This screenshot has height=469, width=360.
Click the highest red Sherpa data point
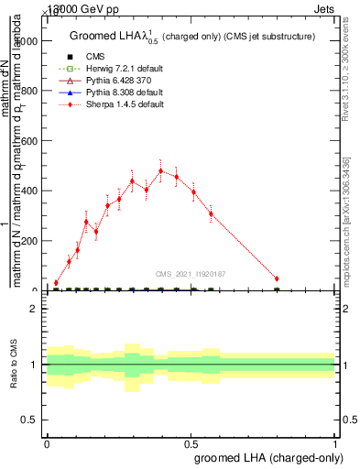161,171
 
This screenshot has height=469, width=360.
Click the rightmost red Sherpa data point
277,278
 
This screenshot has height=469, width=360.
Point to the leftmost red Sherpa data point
56,283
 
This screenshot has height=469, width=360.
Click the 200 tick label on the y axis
32,241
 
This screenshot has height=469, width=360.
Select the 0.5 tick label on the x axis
191,442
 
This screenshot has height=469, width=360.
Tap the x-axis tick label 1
335,442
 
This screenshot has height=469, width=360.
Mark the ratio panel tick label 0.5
30,420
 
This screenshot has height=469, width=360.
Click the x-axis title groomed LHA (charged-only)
269,457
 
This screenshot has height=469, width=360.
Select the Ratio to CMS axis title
14,365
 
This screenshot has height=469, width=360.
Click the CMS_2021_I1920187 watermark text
191,274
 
